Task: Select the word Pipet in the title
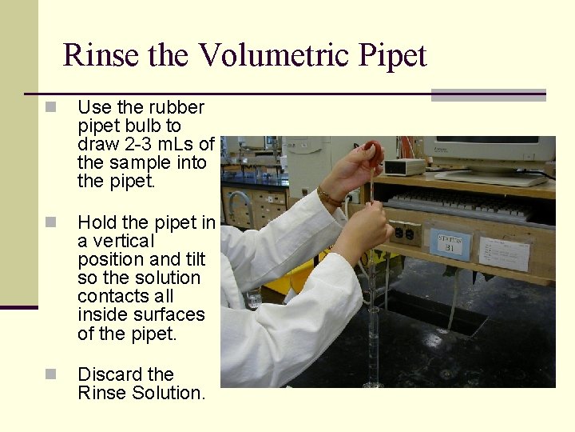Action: (392, 55)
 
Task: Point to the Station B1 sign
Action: (450, 243)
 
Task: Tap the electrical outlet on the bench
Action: (405, 233)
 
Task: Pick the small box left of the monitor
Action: (405, 166)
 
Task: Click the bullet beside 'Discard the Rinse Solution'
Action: (50, 374)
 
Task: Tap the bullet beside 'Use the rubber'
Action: (50, 107)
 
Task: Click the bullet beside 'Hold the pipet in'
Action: (50, 222)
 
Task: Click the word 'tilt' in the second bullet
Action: (195, 259)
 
